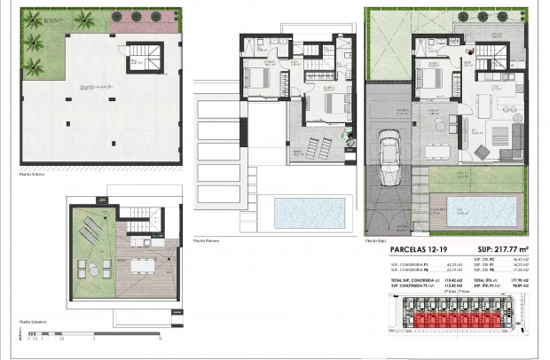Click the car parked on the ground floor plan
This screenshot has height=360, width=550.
(x=389, y=158)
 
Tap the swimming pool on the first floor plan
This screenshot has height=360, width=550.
(x=303, y=213)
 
